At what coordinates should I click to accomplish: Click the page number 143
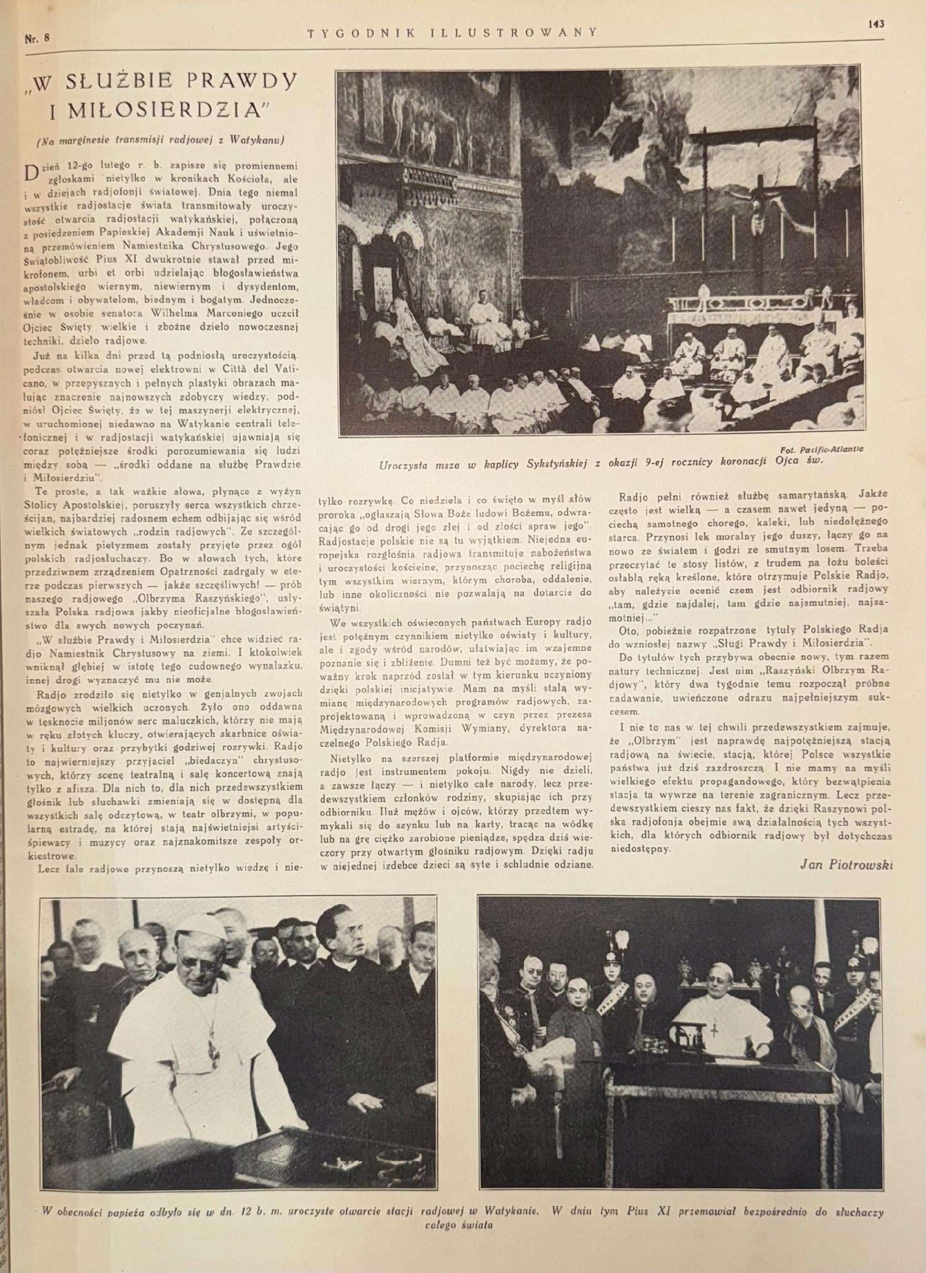click(x=875, y=23)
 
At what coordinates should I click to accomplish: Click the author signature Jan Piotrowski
click(x=845, y=864)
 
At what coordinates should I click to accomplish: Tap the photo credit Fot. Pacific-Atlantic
click(x=821, y=449)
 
